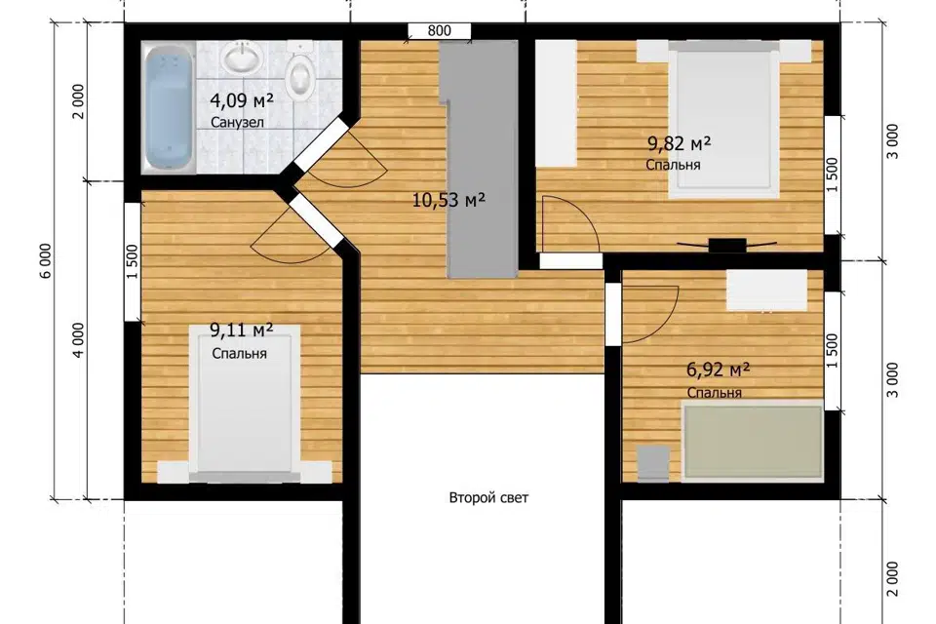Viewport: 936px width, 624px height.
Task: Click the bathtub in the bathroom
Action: tap(170, 107)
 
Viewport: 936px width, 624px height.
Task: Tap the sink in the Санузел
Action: tap(243, 58)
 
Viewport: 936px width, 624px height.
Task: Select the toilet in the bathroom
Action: tap(299, 72)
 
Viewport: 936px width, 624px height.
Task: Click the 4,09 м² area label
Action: tap(242, 100)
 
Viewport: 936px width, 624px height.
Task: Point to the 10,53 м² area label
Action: tap(448, 200)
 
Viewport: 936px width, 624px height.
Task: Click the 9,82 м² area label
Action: tap(680, 144)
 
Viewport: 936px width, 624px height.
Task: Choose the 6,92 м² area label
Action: tap(718, 370)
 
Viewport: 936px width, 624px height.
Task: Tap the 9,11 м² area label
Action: tap(241, 330)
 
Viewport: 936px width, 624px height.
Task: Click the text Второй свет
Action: tap(488, 498)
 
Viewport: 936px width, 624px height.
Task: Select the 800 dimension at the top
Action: tap(440, 30)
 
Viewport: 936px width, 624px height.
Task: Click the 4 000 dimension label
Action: tap(78, 339)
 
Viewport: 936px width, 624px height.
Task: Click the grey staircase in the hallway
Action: tap(480, 159)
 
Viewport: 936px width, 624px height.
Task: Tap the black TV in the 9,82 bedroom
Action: tap(727, 244)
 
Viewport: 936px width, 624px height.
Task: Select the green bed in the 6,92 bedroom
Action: tap(754, 443)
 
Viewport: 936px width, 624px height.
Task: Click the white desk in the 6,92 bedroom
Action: tap(766, 291)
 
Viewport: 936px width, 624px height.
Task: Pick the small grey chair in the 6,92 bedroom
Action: tap(653, 463)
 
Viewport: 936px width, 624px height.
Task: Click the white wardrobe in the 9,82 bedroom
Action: tap(555, 103)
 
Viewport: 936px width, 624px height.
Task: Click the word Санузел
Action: tap(237, 123)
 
